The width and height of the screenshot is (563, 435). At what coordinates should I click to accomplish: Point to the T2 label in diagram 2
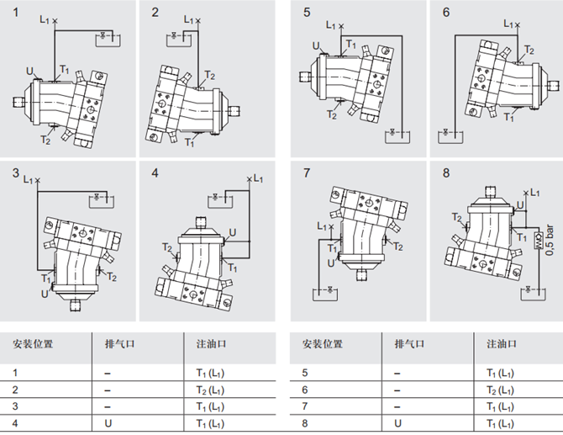[x=209, y=76]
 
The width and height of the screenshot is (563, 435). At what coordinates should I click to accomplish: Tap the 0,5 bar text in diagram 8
[x=550, y=240]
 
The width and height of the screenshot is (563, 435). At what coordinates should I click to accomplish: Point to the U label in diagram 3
[x=45, y=294]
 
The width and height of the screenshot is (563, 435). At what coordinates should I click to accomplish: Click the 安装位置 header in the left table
[x=33, y=344]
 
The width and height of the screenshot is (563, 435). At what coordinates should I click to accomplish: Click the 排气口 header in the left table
[x=118, y=344]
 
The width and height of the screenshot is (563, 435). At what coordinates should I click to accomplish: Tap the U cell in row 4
[x=108, y=423]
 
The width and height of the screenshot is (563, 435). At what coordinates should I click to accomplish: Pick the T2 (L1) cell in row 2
[x=204, y=390]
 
